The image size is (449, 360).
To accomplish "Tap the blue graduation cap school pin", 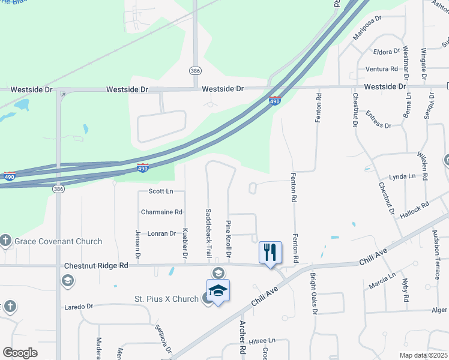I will point(218,291).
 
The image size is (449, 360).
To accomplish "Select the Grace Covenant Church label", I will point(59,241).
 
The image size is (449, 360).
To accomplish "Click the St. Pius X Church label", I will point(166,299).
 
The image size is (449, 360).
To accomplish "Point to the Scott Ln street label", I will point(160,191).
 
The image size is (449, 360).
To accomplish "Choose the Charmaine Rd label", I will point(161,212).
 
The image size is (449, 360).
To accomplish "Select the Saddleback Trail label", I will point(208,233).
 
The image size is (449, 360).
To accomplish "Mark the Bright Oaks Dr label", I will point(313,294).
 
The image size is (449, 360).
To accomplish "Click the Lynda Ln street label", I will point(402,176).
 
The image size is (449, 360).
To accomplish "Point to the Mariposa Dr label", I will point(367,29).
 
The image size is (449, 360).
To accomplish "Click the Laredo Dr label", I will point(79,306).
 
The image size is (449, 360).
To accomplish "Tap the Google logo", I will point(20,353).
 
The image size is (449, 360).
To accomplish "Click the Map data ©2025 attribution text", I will point(423,355).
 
